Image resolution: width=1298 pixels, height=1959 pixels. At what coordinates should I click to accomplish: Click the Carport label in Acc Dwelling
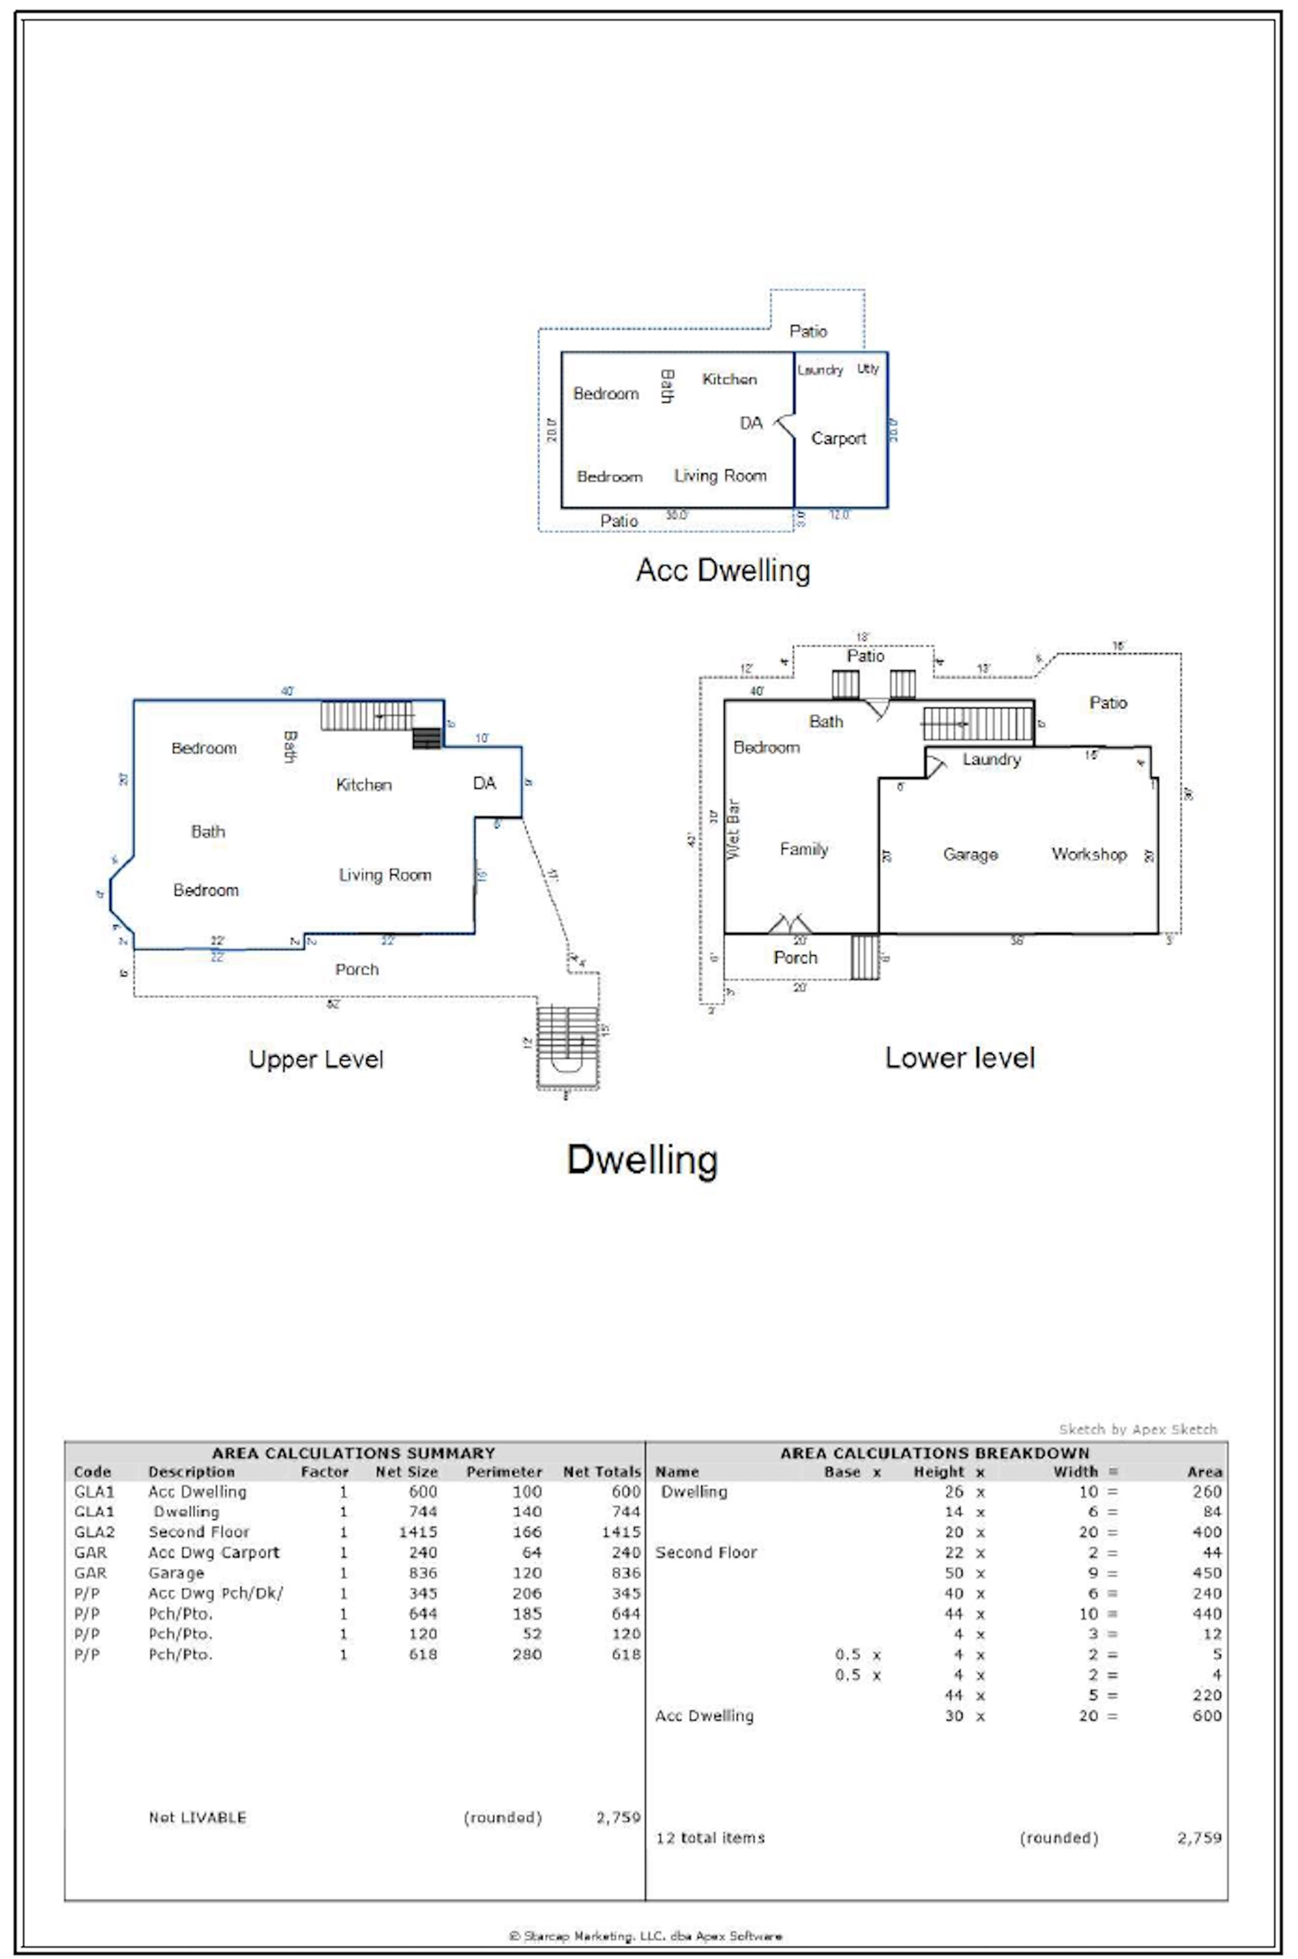click(838, 439)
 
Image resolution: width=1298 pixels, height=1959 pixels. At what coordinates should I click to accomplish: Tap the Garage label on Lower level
click(970, 855)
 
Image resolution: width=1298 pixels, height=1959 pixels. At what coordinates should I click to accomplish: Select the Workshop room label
click(1089, 855)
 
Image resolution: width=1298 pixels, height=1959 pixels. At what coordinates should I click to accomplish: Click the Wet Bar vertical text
click(734, 829)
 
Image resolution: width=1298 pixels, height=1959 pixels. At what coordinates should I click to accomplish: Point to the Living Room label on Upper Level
click(385, 875)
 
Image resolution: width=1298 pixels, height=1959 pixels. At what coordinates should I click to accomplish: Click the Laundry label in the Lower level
click(991, 759)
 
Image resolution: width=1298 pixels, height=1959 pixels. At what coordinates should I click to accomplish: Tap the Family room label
click(803, 849)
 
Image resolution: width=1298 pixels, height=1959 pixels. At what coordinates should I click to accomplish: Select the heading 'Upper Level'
click(316, 1059)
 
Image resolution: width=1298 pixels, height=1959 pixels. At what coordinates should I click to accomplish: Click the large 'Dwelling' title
click(642, 1160)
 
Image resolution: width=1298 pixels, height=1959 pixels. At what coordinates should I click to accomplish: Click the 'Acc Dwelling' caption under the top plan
click(723, 570)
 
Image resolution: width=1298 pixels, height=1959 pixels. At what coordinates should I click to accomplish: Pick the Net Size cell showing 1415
click(417, 1532)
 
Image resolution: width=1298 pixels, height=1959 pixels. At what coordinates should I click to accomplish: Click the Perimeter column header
click(503, 1472)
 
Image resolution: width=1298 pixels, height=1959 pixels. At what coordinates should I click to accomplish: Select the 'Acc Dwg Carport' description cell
click(213, 1553)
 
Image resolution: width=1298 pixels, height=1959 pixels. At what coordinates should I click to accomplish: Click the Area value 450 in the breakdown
click(1206, 1573)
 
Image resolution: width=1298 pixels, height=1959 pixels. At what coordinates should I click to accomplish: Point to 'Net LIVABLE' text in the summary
click(197, 1817)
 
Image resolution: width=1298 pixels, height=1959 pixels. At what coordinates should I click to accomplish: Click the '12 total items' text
click(710, 1837)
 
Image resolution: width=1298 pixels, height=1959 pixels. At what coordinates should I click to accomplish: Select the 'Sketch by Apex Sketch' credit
click(1137, 1429)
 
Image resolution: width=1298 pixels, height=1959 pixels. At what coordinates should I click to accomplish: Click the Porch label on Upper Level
click(356, 969)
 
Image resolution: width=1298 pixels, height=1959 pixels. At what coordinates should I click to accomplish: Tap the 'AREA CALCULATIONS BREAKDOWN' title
click(934, 1453)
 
